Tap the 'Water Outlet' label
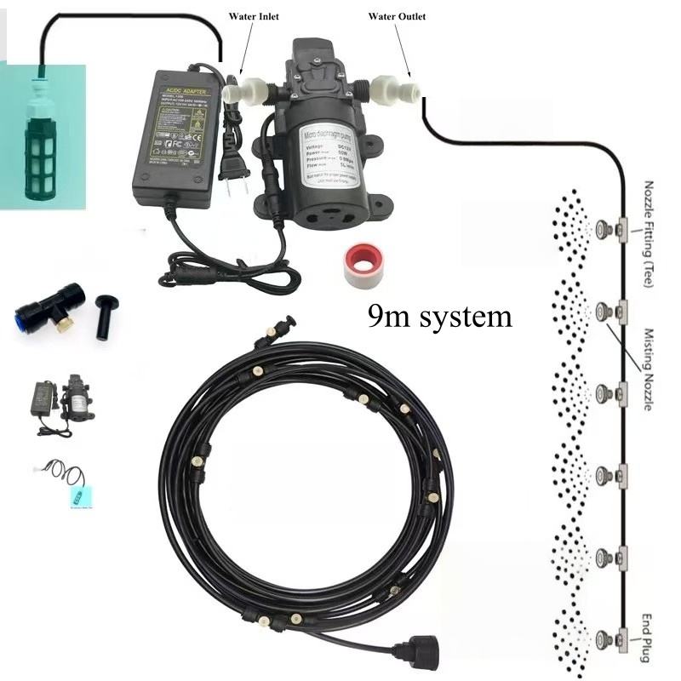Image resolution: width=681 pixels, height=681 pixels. pyautogui.click(x=397, y=16)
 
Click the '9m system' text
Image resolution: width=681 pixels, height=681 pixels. pyautogui.click(x=440, y=317)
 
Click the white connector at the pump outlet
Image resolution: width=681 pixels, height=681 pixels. pyautogui.click(x=385, y=88)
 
